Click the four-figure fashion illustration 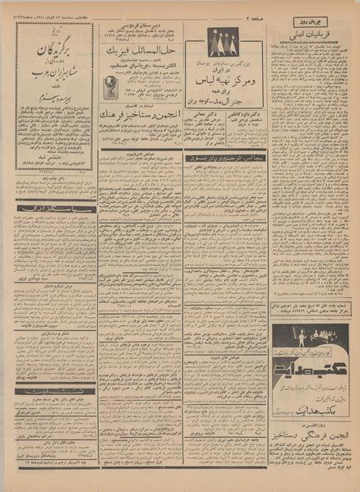tap(224, 42)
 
